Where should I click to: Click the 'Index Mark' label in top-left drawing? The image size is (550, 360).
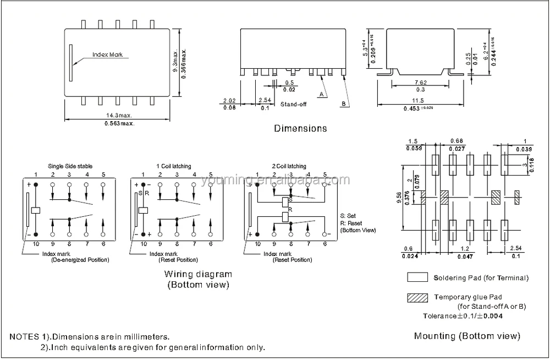click(108, 55)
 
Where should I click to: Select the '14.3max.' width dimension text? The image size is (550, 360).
click(119, 116)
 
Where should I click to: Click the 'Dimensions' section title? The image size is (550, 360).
click(300, 128)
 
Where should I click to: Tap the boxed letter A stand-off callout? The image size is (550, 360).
click(320, 94)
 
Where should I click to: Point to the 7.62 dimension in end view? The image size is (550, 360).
click(421, 83)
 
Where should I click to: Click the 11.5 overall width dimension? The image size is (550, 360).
click(419, 101)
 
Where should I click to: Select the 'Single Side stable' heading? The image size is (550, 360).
click(70, 166)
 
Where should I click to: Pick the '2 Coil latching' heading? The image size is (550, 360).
click(289, 166)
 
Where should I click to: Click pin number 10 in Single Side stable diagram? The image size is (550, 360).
click(36, 243)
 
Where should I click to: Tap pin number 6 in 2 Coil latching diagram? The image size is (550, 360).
click(324, 243)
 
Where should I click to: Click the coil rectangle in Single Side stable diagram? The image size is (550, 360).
click(36, 210)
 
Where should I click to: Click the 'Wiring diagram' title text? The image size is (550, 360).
click(198, 274)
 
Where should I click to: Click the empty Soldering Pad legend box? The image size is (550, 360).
click(417, 277)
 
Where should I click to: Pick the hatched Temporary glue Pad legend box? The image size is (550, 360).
click(417, 297)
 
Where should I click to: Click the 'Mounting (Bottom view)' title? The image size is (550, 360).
click(467, 336)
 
